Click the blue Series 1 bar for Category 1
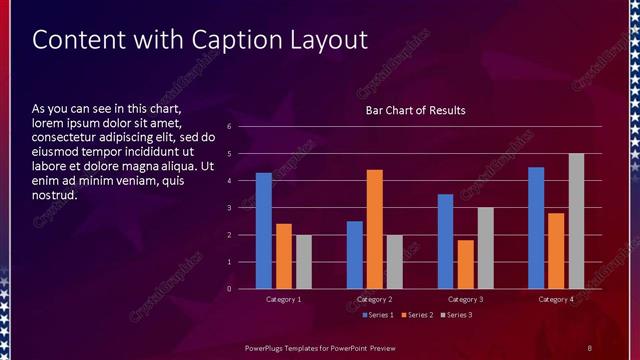click(x=264, y=231)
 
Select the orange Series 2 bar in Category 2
click(x=375, y=229)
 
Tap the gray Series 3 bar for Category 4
click(x=576, y=221)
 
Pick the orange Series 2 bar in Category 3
click(x=465, y=264)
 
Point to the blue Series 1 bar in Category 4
click(x=536, y=228)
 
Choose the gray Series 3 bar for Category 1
click(x=303, y=262)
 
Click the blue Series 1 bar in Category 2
click(x=355, y=255)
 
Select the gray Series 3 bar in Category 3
click(x=485, y=248)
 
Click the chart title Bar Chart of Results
click(x=415, y=110)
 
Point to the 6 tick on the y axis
click(x=230, y=127)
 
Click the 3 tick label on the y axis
click(x=230, y=208)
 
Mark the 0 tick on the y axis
click(x=230, y=289)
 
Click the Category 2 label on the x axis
click(x=375, y=299)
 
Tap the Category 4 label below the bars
click(x=556, y=299)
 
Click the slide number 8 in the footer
click(x=589, y=347)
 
